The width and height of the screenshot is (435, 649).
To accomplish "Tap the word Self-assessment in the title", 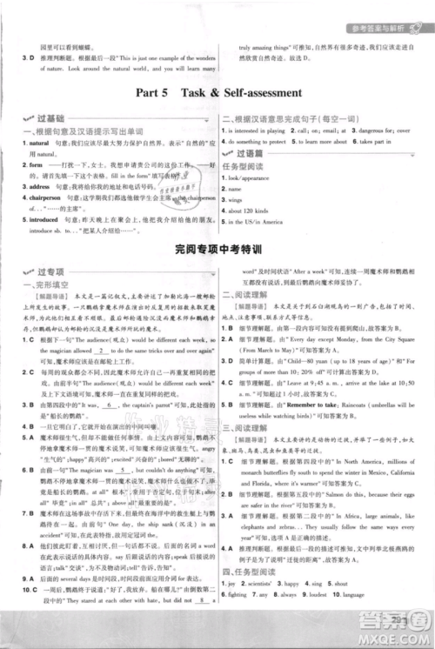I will [x=262, y=91].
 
